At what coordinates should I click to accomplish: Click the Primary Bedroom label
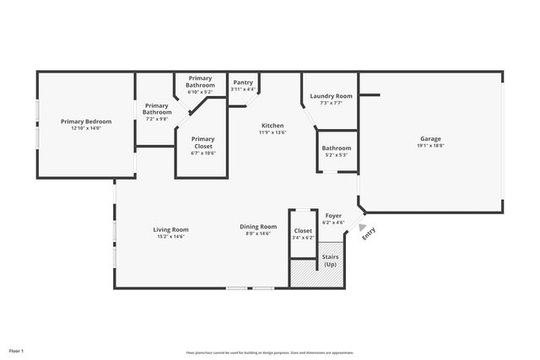(85, 121)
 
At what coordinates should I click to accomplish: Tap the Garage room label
(430, 139)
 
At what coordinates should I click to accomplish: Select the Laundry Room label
(331, 97)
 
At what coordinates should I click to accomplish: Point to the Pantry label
(243, 83)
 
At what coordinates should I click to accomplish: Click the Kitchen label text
(272, 126)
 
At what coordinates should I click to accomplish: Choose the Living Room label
(170, 230)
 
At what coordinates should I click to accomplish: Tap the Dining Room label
(258, 226)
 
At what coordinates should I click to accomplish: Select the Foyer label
(333, 216)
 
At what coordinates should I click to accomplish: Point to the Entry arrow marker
(363, 227)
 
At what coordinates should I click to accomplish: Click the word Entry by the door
(369, 236)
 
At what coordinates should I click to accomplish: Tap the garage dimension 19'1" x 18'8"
(430, 146)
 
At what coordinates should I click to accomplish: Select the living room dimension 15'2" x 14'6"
(170, 237)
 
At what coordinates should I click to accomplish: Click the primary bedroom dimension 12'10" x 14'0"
(85, 128)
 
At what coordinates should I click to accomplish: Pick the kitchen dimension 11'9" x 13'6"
(272, 132)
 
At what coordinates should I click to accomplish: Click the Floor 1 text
(16, 350)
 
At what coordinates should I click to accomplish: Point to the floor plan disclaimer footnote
(269, 352)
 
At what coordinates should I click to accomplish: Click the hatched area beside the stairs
(302, 272)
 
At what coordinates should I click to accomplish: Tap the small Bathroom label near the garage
(336, 148)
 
